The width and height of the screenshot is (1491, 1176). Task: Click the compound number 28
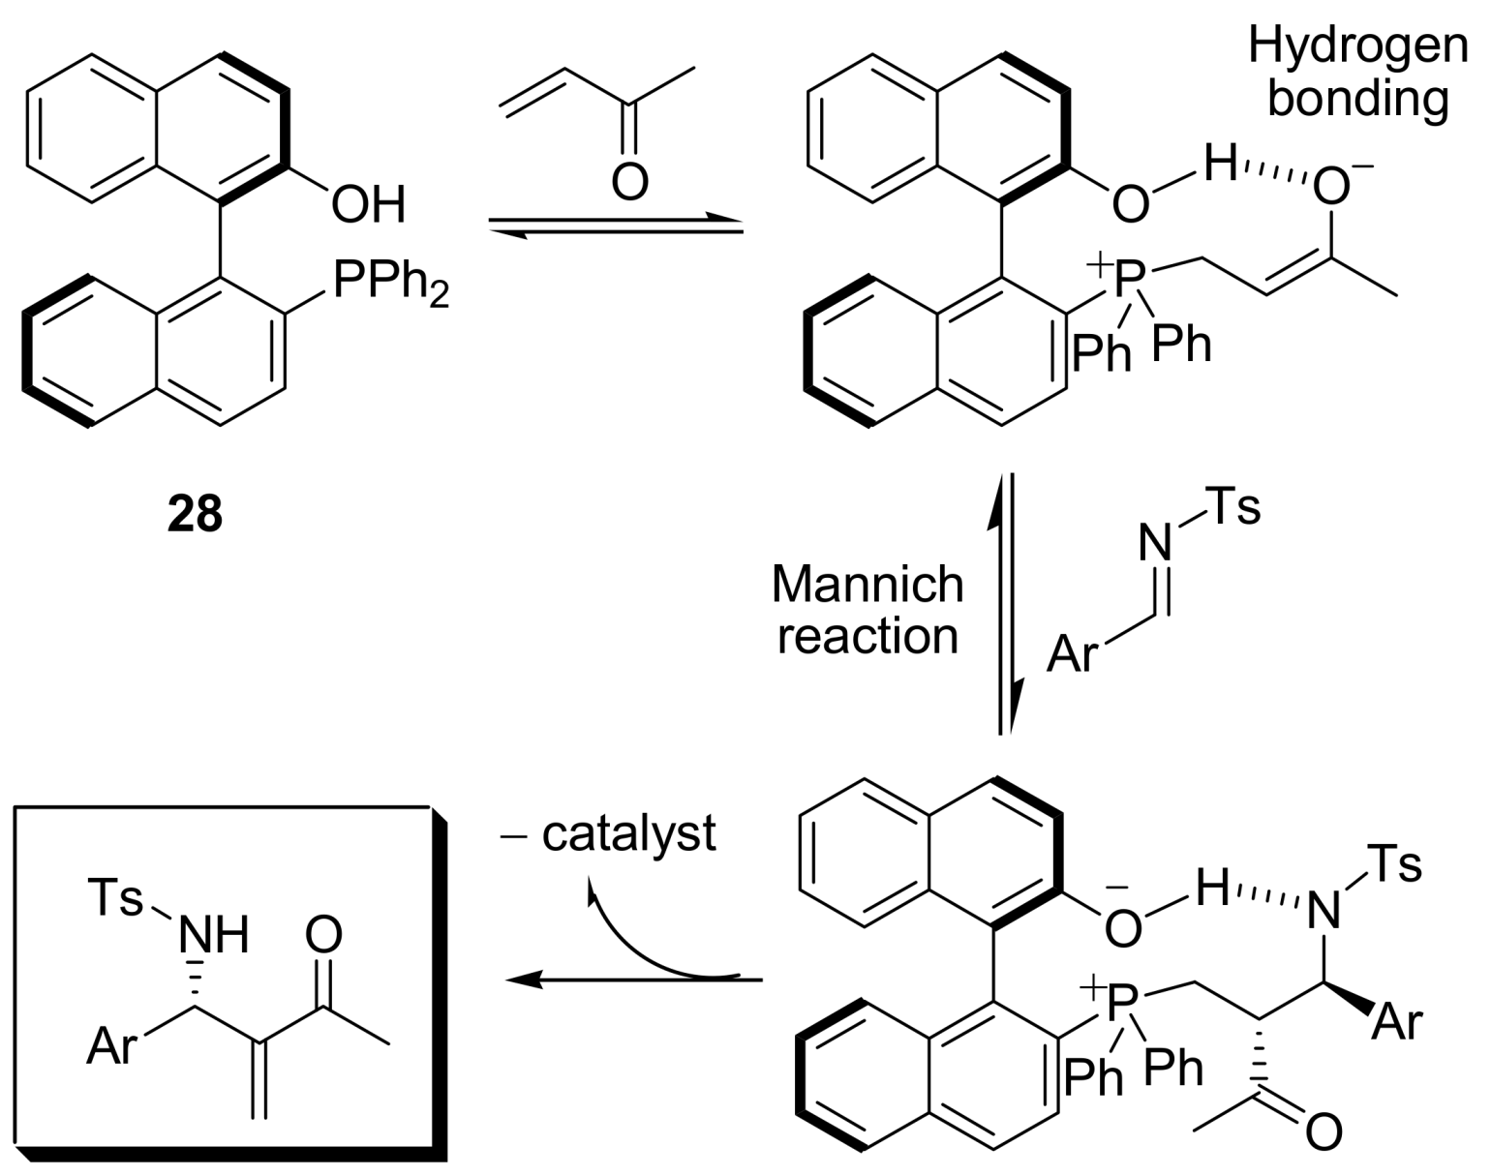coord(195,514)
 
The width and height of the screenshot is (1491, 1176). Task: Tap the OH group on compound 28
coord(368,205)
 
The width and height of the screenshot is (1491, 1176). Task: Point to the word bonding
coord(1357,98)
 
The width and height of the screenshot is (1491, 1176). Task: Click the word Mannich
coord(867,585)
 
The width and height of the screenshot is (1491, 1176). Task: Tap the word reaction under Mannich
coord(867,636)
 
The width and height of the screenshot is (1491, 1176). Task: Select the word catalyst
coord(628,833)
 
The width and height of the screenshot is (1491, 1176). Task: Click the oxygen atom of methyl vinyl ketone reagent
coord(629,181)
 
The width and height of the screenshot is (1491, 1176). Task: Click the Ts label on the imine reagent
coord(1234,507)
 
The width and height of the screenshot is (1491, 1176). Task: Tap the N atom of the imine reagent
coord(1154,544)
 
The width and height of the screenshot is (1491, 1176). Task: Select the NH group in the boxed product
coord(214,935)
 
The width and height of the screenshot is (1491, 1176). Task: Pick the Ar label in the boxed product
coord(111,1046)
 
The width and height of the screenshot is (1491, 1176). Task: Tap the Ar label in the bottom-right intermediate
coord(1397,1022)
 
